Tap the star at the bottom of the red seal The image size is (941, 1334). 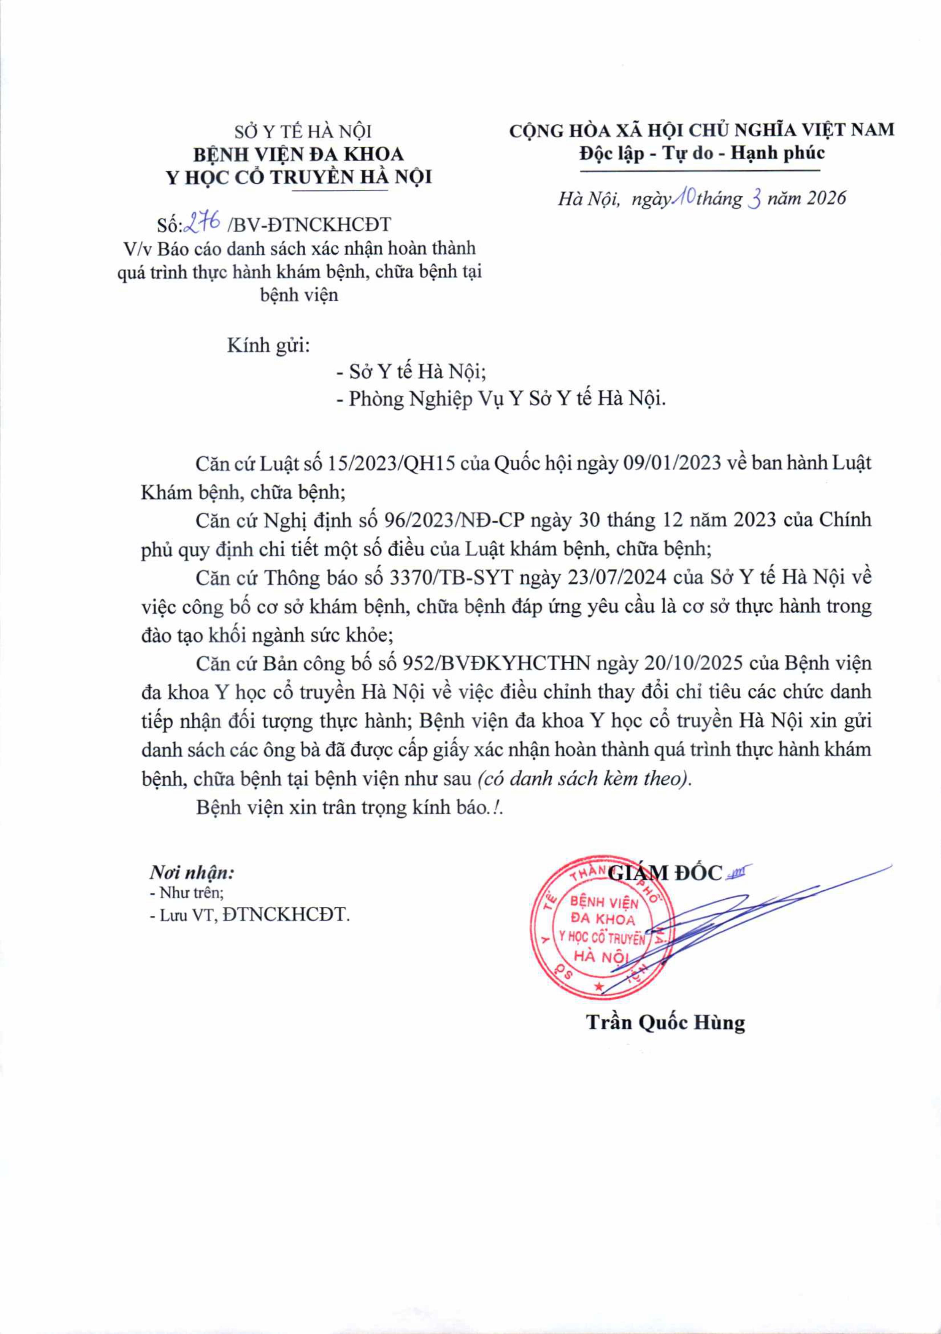click(599, 986)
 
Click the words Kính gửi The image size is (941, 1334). click(268, 345)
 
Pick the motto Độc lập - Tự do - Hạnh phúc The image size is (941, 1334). click(702, 153)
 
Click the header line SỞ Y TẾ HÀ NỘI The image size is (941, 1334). click(303, 132)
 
